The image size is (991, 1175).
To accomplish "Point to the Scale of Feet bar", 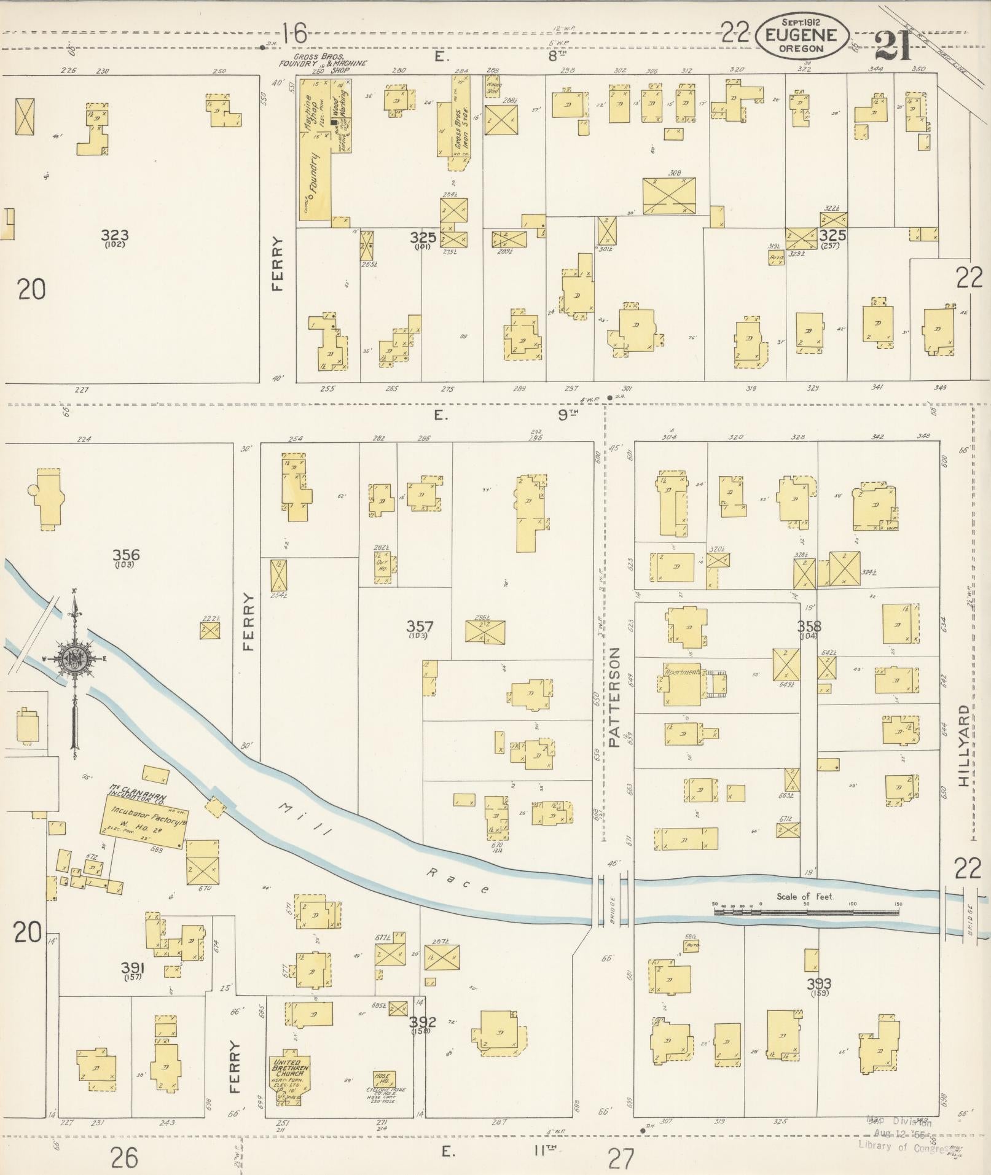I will pos(805,912).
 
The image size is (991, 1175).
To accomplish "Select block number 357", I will pos(420,627).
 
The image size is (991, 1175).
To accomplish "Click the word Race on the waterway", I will pos(458,880).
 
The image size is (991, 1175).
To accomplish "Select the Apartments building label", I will pos(681,672).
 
